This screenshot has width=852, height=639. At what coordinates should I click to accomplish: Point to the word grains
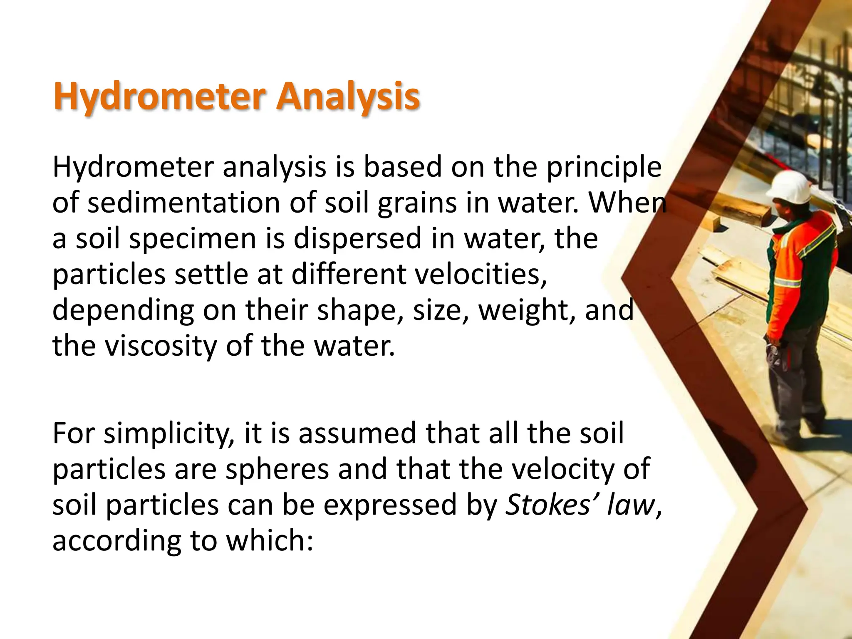pos(418,204)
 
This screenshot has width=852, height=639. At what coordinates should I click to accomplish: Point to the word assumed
pos(358,434)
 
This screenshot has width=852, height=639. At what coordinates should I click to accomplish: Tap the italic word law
pos(631,505)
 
